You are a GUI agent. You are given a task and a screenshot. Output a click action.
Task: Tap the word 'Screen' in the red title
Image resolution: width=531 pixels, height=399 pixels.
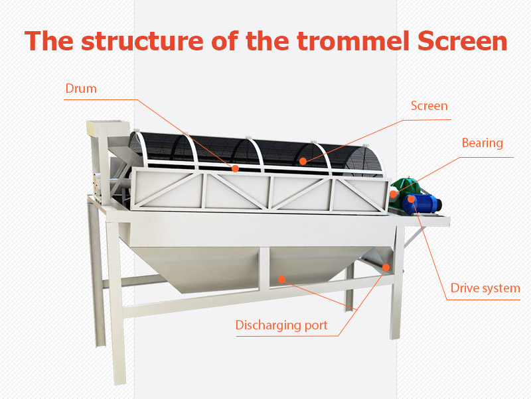462,41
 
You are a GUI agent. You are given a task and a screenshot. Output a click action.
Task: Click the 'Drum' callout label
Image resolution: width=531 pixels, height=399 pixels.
81,89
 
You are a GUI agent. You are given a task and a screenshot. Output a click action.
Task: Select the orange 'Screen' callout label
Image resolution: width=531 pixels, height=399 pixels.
429,106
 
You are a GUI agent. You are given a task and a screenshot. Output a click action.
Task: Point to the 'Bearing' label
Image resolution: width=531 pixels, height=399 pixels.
483,143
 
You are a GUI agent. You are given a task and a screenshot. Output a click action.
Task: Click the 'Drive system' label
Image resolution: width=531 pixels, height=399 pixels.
485,288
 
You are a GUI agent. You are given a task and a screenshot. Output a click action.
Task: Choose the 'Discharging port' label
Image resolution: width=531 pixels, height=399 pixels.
281,325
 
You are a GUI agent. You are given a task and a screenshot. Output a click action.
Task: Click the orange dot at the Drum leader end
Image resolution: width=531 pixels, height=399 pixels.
235,168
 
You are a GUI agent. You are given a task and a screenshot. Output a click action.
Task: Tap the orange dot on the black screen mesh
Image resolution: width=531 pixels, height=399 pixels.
303,161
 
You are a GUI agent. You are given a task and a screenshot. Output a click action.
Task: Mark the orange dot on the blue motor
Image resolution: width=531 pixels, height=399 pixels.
411,199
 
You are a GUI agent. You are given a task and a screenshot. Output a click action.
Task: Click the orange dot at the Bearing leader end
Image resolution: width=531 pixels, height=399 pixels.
393,194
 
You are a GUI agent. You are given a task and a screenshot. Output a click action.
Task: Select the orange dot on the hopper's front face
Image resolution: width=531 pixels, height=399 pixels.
281,279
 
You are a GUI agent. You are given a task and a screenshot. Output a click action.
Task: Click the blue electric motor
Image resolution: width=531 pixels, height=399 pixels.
422,203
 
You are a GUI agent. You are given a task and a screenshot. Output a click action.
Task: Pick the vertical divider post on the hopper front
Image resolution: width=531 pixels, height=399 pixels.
264,268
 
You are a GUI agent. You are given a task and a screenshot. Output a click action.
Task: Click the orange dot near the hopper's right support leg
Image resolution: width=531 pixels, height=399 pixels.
386,268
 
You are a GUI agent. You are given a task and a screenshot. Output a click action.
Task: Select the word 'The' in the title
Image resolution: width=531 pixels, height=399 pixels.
48,41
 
